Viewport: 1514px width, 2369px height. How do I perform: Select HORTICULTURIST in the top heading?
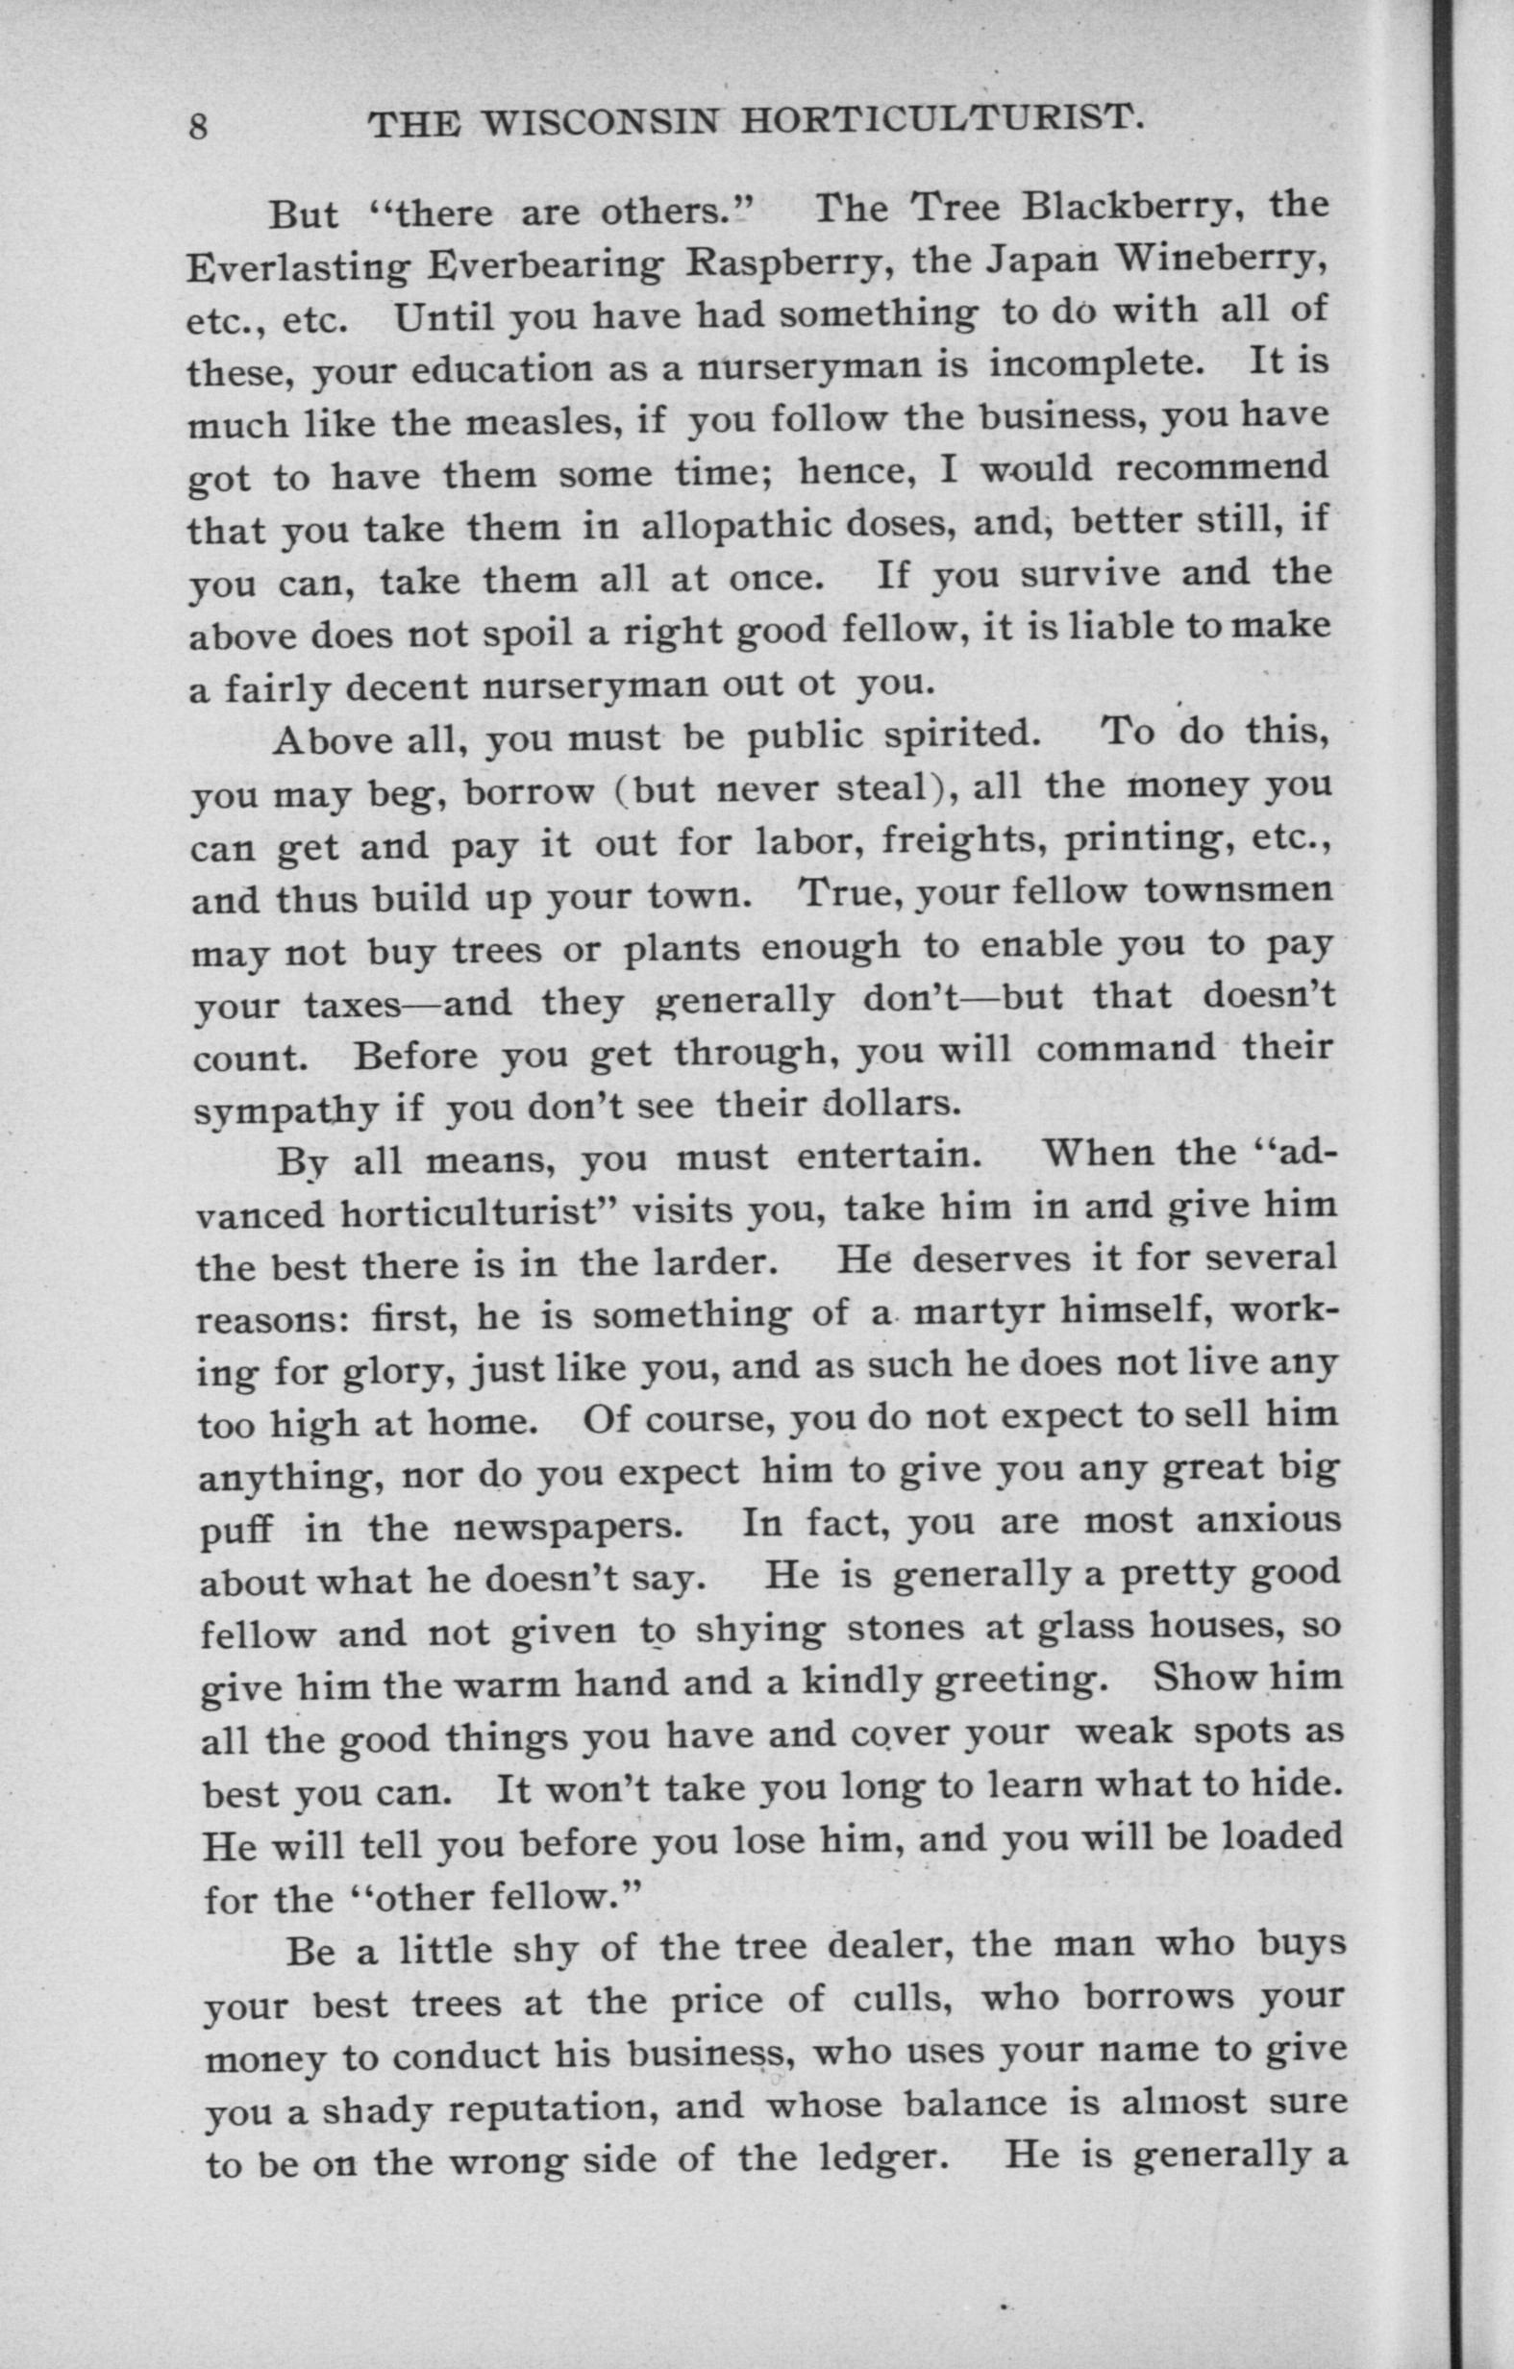click(941, 121)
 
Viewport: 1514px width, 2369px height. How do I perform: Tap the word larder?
click(712, 1261)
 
